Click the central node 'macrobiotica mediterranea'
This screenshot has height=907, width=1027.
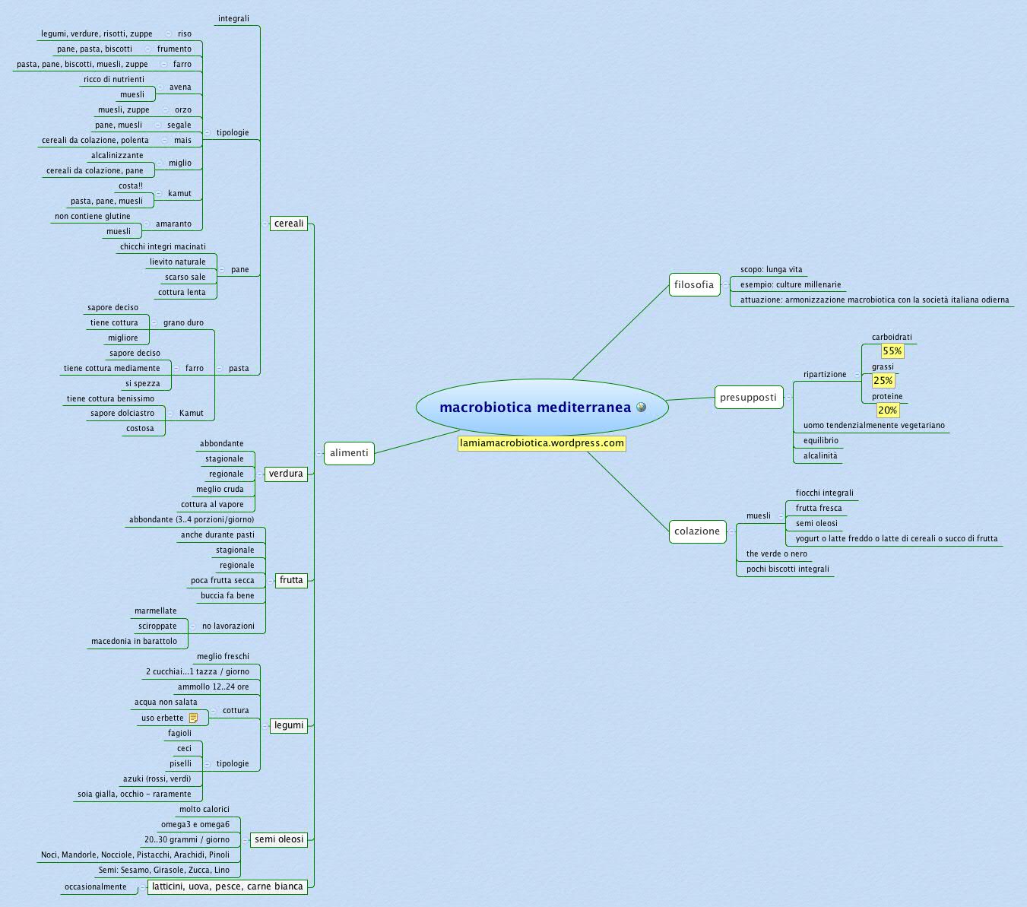click(535, 408)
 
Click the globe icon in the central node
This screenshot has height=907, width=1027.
click(641, 408)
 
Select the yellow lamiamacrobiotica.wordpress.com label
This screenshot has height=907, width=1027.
click(541, 443)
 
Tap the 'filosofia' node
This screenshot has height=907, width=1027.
click(694, 285)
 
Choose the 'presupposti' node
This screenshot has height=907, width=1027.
click(749, 398)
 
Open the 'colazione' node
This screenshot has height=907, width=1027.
click(697, 531)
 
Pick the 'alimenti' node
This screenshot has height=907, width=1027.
click(349, 453)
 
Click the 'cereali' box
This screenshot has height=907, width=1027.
click(289, 224)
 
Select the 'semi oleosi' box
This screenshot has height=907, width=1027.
click(279, 839)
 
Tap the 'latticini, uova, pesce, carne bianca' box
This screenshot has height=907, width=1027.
click(227, 886)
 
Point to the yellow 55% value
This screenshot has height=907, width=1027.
click(892, 351)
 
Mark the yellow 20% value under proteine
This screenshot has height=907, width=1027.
click(887, 411)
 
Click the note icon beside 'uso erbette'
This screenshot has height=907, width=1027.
click(193, 718)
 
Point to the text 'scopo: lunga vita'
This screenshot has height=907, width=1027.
click(771, 270)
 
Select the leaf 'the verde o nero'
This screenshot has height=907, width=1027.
click(777, 554)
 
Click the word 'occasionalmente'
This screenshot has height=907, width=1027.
click(96, 887)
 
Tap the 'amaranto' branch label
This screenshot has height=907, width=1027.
click(173, 224)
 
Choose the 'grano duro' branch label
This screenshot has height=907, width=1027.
click(183, 323)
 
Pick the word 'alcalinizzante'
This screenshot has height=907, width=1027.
click(117, 156)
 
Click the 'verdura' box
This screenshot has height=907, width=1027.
click(286, 474)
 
